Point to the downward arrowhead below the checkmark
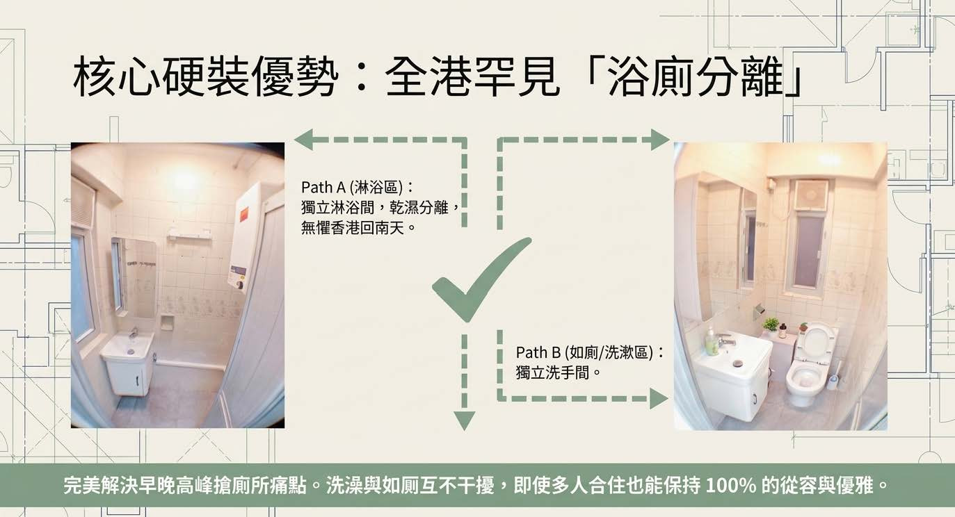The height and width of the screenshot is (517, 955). coord(464,420)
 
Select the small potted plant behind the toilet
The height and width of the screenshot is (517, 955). coord(771,327)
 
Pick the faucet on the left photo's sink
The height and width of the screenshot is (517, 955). coord(134,333)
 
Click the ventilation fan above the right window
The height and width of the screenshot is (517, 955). coord(811,195)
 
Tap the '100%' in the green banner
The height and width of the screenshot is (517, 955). coord(731,486)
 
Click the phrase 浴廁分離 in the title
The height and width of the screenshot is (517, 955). coord(696,79)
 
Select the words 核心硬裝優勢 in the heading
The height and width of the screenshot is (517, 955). coord(205,79)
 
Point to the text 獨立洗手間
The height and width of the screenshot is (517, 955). coord(552,373)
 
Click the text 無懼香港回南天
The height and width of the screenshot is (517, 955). coord(352,228)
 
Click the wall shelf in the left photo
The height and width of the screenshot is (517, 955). coord(190,233)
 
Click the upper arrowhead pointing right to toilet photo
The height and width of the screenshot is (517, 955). coord(659,140)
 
